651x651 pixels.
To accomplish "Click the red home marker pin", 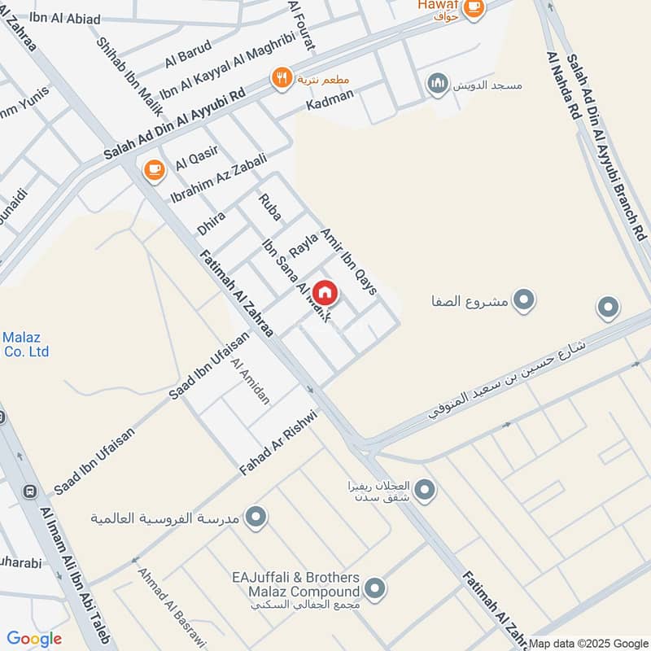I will pos(324,291).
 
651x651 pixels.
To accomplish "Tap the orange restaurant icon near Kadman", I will pos(282,78).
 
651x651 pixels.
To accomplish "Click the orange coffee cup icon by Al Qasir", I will pos(153,169).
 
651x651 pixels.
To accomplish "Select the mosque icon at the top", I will pos(438,84).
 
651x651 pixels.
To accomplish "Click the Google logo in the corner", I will pos(34,639).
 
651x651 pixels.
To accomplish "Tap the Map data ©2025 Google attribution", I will pos(588,642).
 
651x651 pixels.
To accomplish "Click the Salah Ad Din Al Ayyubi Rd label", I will pos(174,123).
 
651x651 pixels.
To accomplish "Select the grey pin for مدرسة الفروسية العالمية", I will pos(256,517).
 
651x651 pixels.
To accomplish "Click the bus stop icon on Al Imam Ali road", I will pos(30,492).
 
